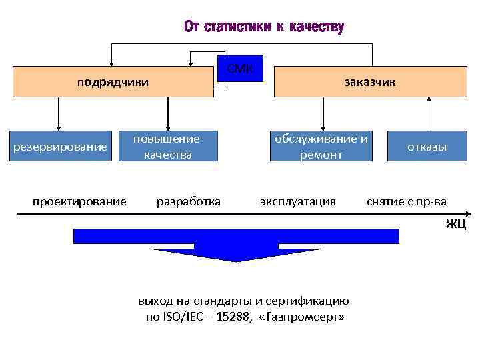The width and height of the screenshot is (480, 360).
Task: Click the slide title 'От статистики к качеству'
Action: (264, 27)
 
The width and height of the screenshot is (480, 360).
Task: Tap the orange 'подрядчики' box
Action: (112, 82)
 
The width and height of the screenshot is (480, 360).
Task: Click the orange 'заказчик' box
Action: (370, 82)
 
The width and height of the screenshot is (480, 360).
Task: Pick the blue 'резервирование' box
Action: (60, 146)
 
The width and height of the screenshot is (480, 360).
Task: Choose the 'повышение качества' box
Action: (167, 147)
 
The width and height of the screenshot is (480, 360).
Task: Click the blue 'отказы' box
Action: (427, 147)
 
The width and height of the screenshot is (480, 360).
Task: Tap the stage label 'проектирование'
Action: (80, 201)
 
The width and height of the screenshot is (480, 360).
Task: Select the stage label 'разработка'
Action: (188, 201)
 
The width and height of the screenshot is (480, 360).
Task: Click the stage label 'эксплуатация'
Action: (298, 201)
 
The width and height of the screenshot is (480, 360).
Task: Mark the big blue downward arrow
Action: (237, 243)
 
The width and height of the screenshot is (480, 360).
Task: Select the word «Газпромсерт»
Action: (305, 317)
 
